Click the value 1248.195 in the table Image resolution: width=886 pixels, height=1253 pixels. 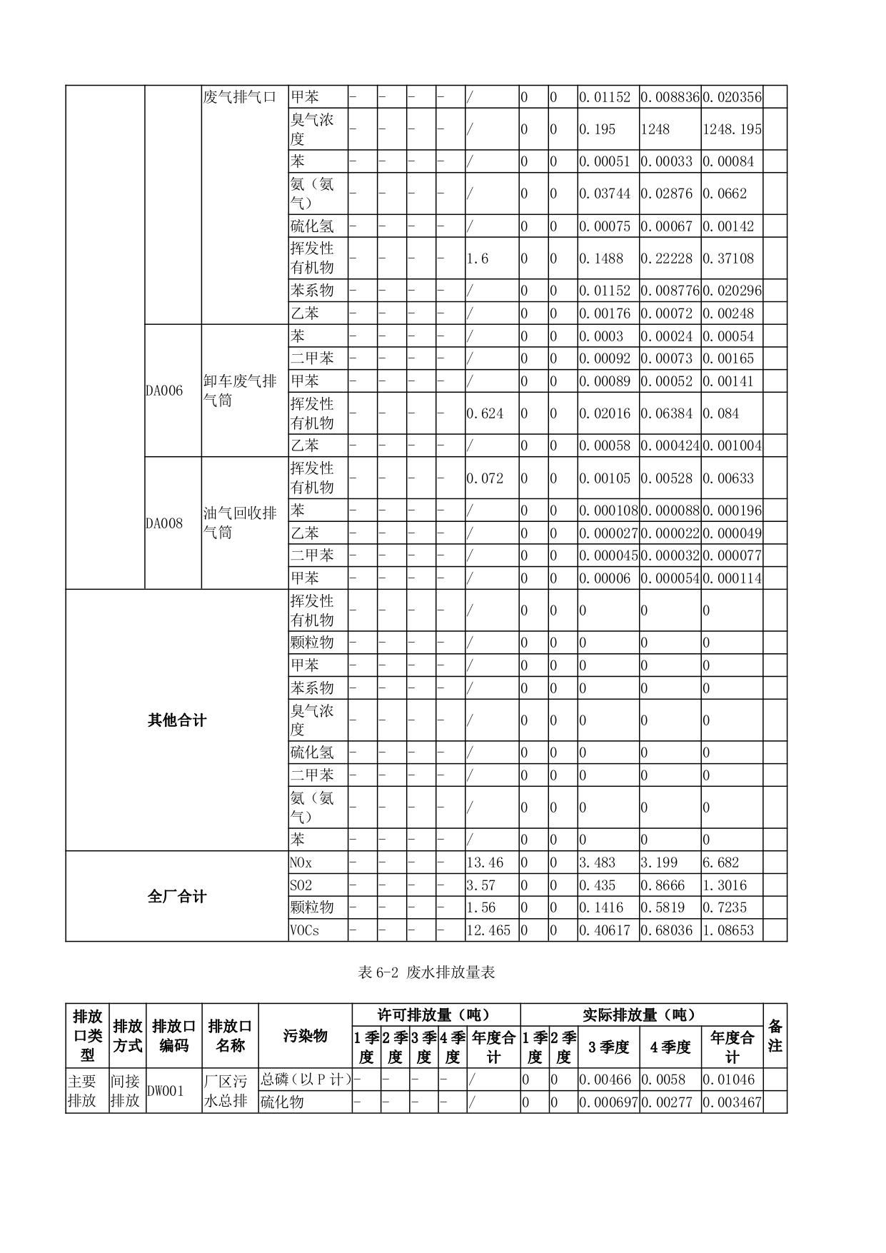pyautogui.click(x=732, y=129)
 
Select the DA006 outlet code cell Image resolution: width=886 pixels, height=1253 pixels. pyautogui.click(x=164, y=391)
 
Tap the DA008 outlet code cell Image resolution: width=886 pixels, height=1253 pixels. pyautogui.click(x=164, y=523)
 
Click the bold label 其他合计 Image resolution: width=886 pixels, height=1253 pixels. pyautogui.click(x=177, y=720)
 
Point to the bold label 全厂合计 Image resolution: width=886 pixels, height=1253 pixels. pyautogui.click(x=177, y=896)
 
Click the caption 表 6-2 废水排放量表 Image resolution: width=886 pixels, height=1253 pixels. pyautogui.click(x=427, y=972)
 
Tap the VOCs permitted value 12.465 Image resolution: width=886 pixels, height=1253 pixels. pyautogui.click(x=488, y=930)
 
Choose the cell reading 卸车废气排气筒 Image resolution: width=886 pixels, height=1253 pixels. pyautogui.click(x=240, y=391)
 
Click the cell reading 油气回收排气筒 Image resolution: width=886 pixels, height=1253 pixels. pyautogui.click(x=240, y=523)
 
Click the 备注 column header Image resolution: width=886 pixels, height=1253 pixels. pyautogui.click(x=775, y=1035)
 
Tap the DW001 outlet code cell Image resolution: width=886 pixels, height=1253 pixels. pyautogui.click(x=165, y=1091)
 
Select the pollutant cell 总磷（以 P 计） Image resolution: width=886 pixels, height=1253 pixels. pyautogui.click(x=306, y=1080)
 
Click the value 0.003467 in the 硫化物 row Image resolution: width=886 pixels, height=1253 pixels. pyautogui.click(x=732, y=1102)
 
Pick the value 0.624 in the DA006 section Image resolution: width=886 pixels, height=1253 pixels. pyautogui.click(x=485, y=413)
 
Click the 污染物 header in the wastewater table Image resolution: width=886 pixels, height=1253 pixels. pyautogui.click(x=305, y=1035)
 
